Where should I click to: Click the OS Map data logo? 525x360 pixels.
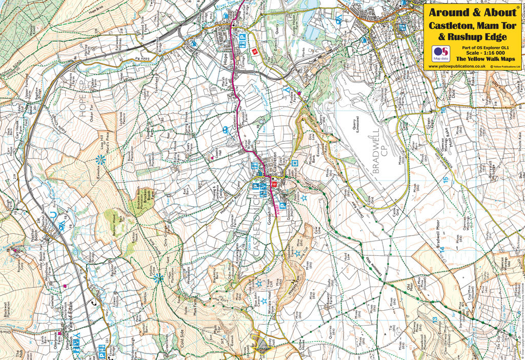[x=440, y=53]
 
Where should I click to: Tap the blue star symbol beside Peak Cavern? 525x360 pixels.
[x=304, y=197]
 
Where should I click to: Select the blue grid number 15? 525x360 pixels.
[x=446, y=180]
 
